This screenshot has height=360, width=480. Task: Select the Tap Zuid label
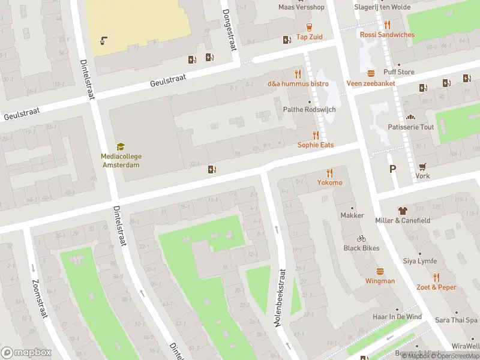point(309,37)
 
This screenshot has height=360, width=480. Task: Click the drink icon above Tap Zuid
point(310,26)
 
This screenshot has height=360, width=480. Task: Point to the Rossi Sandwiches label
point(387,35)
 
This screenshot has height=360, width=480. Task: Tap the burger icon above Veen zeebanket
point(371,73)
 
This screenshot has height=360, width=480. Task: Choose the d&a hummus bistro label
point(298,83)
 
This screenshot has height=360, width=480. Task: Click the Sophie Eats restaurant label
point(316,145)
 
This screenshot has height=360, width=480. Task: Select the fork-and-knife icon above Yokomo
point(329,173)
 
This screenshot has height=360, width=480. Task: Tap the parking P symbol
point(392,169)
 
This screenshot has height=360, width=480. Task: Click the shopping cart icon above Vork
point(423,166)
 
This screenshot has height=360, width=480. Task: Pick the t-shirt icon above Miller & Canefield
point(403,211)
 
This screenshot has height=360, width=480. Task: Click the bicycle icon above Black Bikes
point(361,238)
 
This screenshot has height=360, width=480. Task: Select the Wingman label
point(380,281)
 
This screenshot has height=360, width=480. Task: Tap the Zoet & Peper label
point(436,287)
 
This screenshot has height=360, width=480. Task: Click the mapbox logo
point(26,352)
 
